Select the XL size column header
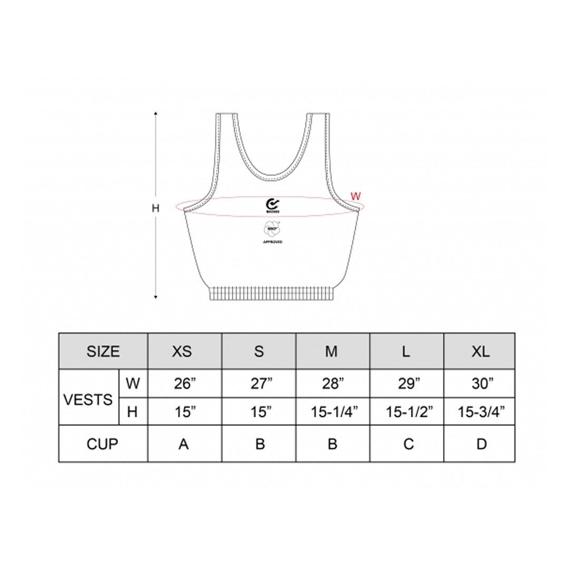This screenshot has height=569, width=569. [480, 351]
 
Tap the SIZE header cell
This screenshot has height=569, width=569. [103, 351]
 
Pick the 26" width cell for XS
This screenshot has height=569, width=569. [184, 384]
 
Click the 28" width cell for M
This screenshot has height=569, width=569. [332, 384]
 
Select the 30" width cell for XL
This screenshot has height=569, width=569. [480, 384]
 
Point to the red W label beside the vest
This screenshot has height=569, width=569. [356, 196]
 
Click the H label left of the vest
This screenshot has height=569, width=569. [155, 208]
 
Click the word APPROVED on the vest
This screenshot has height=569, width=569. [272, 242]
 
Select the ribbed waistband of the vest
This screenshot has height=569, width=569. [272, 293]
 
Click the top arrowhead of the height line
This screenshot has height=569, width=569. [156, 114]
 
